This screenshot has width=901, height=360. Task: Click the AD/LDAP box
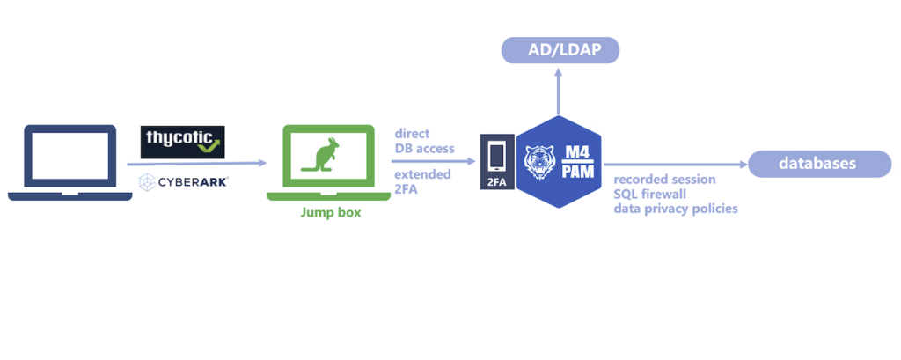click(560, 49)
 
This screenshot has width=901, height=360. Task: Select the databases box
click(813, 164)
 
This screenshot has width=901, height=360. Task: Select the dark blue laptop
click(70, 162)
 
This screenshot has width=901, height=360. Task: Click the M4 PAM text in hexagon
click(582, 162)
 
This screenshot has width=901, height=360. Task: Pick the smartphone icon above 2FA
click(496, 156)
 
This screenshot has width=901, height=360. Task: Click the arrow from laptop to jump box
click(198, 163)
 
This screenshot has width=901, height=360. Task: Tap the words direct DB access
click(424, 141)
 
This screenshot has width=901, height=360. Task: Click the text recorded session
click(664, 180)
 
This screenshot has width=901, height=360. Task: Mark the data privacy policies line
click(676, 209)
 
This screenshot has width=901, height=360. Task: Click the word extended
click(422, 174)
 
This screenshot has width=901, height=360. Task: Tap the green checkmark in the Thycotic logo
click(209, 146)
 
